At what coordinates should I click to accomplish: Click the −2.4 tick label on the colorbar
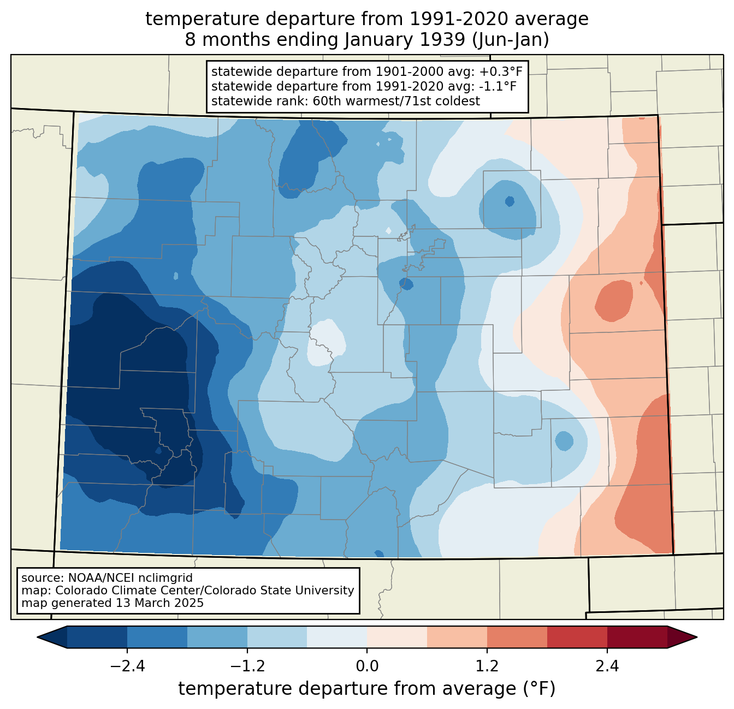(127, 666)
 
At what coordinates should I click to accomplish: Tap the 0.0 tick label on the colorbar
(367, 666)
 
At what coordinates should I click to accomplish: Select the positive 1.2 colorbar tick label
(487, 666)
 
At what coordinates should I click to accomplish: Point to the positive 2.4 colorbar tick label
(607, 666)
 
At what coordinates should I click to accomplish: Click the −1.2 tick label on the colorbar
(247, 666)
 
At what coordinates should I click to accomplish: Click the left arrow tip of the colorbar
(37, 637)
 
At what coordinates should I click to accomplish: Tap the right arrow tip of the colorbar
(697, 637)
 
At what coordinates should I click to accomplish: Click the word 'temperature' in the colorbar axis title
(235, 689)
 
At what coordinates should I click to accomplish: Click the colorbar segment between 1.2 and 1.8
(517, 637)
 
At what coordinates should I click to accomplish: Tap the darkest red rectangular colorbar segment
(637, 637)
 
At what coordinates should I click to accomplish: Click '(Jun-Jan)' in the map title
(511, 40)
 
